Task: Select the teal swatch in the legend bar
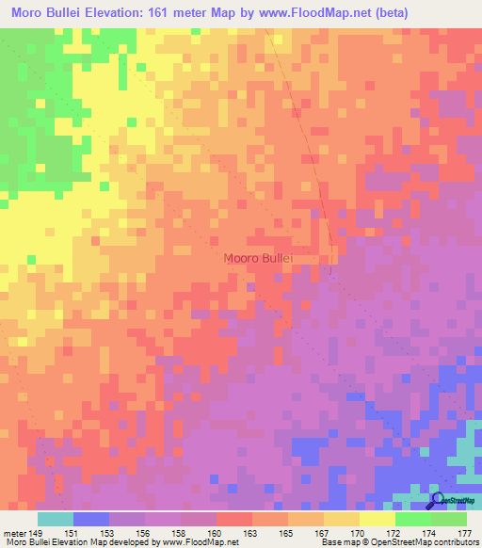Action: click(56, 519)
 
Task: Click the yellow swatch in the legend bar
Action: click(378, 519)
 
